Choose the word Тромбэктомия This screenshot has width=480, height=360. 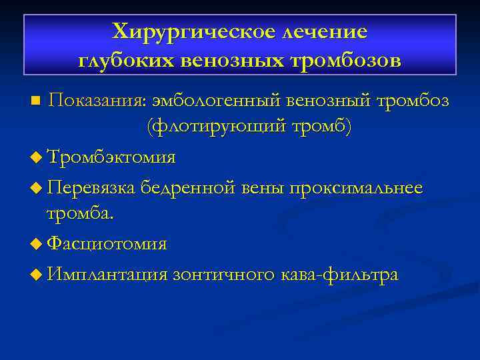tap(111, 157)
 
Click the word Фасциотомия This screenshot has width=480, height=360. tap(106, 244)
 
